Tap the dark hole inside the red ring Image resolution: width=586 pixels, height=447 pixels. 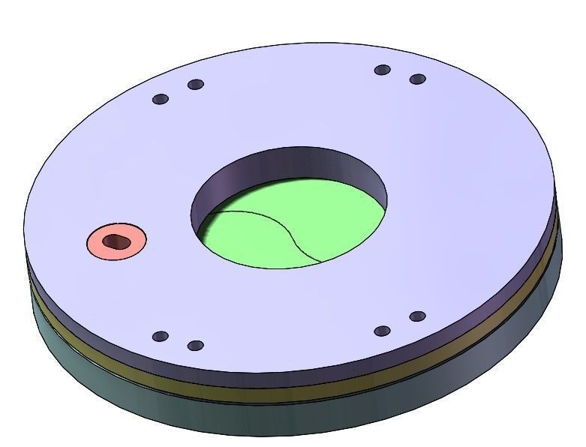[x=116, y=241]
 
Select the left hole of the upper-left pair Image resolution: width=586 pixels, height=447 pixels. [x=160, y=99]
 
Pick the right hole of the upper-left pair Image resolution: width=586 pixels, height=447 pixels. [x=195, y=85]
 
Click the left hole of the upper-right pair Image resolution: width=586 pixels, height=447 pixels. [x=383, y=70]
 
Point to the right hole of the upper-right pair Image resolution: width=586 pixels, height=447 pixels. [x=418, y=79]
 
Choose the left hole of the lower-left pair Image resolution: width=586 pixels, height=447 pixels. [x=160, y=336]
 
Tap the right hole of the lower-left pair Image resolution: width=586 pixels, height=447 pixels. [x=195, y=346]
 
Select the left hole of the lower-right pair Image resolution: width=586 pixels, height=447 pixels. [x=382, y=331]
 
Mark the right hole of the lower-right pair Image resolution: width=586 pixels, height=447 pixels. [x=418, y=316]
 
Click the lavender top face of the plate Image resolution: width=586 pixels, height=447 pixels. [x=450, y=187]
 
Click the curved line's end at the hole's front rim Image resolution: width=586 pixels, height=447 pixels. [x=321, y=262]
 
